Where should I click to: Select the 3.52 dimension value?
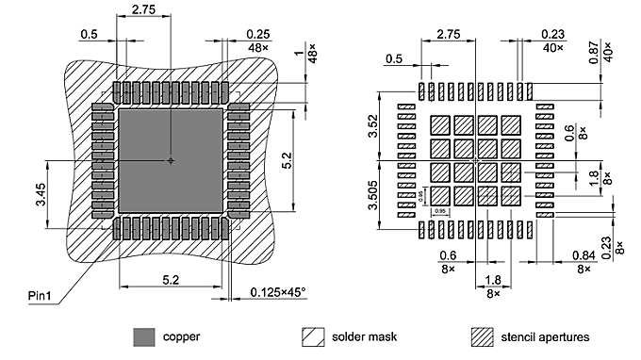[x=373, y=124]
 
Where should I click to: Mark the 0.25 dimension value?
[x=257, y=35]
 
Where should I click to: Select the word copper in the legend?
[x=181, y=335]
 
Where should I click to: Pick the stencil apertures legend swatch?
[x=483, y=335]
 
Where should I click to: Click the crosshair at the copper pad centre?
[x=170, y=160]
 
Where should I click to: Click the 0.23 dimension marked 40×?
[x=553, y=35]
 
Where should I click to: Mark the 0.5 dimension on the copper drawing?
[x=89, y=35]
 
